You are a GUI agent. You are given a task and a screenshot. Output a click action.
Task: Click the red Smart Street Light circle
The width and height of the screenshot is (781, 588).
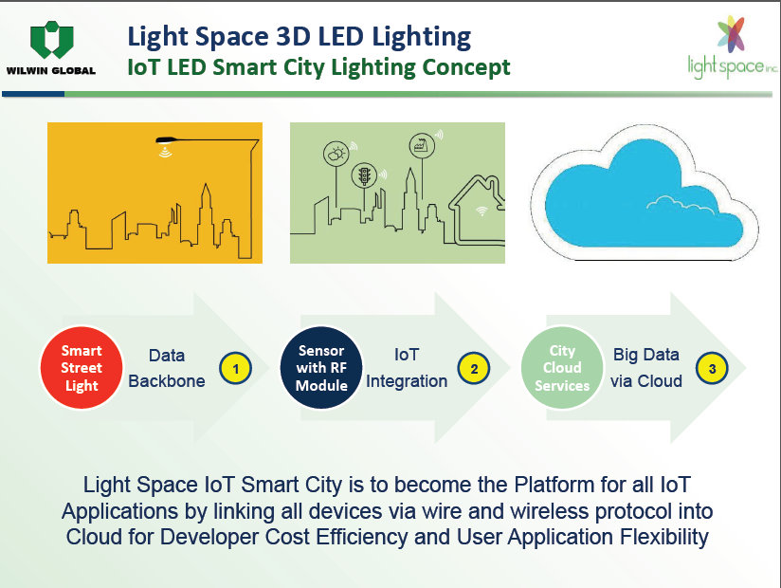tap(82, 368)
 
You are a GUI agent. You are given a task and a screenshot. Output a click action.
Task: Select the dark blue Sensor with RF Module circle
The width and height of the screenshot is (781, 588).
tap(321, 368)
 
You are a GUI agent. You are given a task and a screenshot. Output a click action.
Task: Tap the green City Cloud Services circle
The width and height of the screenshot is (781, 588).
tap(562, 368)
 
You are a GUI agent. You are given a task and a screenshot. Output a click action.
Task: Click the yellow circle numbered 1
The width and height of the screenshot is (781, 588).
tap(236, 369)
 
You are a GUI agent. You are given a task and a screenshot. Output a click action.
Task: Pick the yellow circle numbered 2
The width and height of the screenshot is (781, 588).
tap(474, 369)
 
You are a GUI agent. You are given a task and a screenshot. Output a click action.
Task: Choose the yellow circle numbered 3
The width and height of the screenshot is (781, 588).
tap(712, 369)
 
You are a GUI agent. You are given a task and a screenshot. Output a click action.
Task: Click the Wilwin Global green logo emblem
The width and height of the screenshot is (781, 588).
tap(52, 40)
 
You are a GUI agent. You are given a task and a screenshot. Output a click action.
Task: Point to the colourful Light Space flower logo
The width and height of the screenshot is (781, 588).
tap(731, 34)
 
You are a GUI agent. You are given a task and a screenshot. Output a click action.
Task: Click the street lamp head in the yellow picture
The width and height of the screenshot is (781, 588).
tap(167, 140)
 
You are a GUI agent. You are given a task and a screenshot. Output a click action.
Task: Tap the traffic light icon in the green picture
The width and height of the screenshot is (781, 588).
tap(365, 175)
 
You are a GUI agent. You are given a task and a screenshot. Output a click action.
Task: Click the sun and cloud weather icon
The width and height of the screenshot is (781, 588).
tap(336, 154)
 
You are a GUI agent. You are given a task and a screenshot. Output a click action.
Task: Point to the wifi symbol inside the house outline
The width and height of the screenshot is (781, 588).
tap(481, 211)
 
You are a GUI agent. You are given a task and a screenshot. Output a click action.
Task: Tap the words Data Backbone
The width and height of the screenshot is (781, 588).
tap(167, 368)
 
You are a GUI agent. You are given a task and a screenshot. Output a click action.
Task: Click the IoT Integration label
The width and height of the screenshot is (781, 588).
tap(407, 368)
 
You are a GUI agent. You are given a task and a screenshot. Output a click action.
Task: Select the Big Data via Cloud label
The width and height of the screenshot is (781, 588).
tap(646, 368)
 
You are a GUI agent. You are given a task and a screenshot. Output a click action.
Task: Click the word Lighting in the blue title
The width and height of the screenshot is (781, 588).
tap(421, 38)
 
